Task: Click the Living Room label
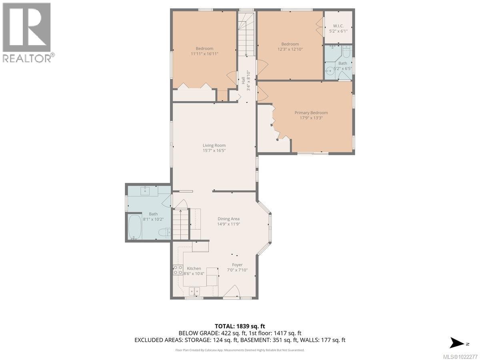pyautogui.click(x=214, y=145)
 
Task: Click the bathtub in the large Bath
pyautogui.click(x=134, y=227)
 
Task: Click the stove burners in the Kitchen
pyautogui.click(x=178, y=270)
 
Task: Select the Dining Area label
pyautogui.click(x=228, y=219)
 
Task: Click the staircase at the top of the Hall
pyautogui.click(x=246, y=34)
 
